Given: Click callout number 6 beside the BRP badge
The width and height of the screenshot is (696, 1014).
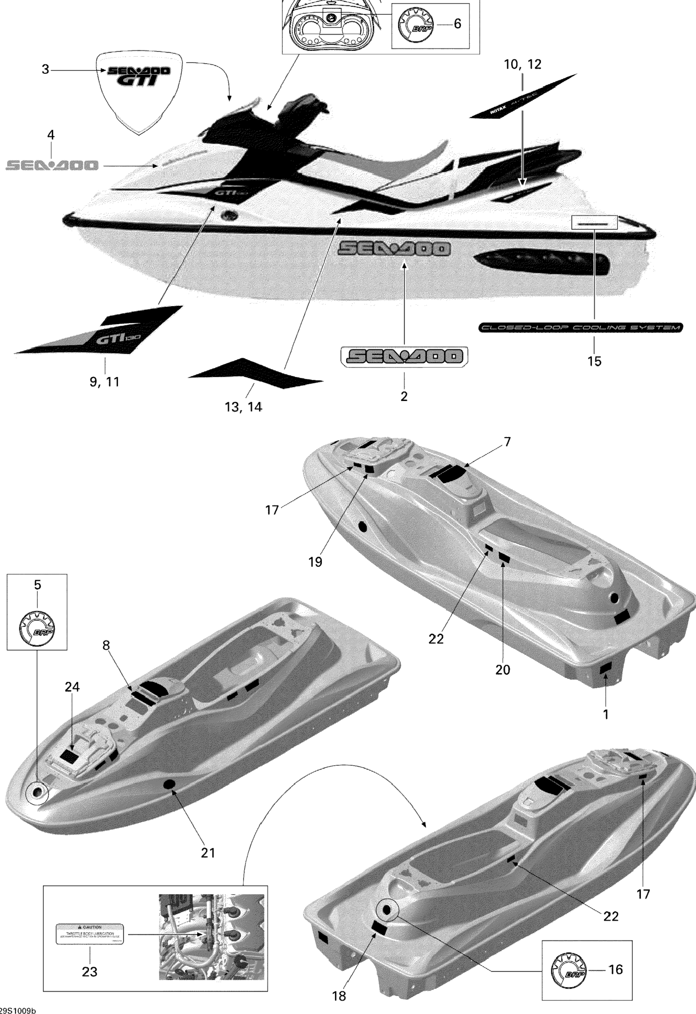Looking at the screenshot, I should pyautogui.click(x=457, y=24).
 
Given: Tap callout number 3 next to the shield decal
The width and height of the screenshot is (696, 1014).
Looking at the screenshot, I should pyautogui.click(x=45, y=69).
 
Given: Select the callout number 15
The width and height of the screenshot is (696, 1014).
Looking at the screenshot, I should pyautogui.click(x=594, y=361).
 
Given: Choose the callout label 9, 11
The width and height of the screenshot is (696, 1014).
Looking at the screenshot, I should pyautogui.click(x=104, y=382).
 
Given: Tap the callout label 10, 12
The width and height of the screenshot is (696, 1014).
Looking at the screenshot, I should pyautogui.click(x=523, y=64).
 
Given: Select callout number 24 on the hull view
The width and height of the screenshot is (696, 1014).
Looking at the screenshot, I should pyautogui.click(x=72, y=687).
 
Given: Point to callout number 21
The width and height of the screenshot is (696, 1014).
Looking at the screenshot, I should pyautogui.click(x=208, y=852).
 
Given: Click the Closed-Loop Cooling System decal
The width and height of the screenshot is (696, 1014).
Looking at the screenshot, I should pyautogui.click(x=581, y=327).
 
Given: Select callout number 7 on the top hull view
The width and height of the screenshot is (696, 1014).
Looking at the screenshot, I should pyautogui.click(x=507, y=442).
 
